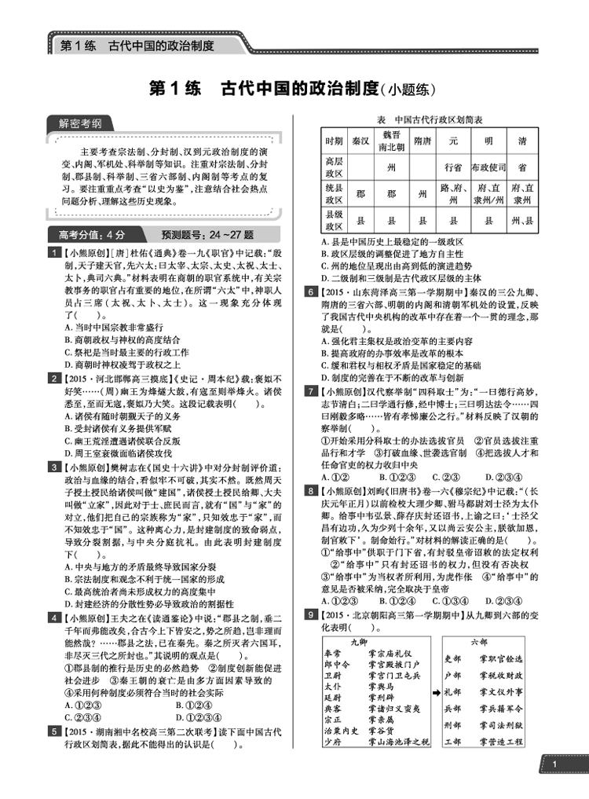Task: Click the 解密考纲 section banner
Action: [80, 123]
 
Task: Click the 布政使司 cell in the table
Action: [488, 167]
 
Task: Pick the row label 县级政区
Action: [334, 217]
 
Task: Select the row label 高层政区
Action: [334, 167]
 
